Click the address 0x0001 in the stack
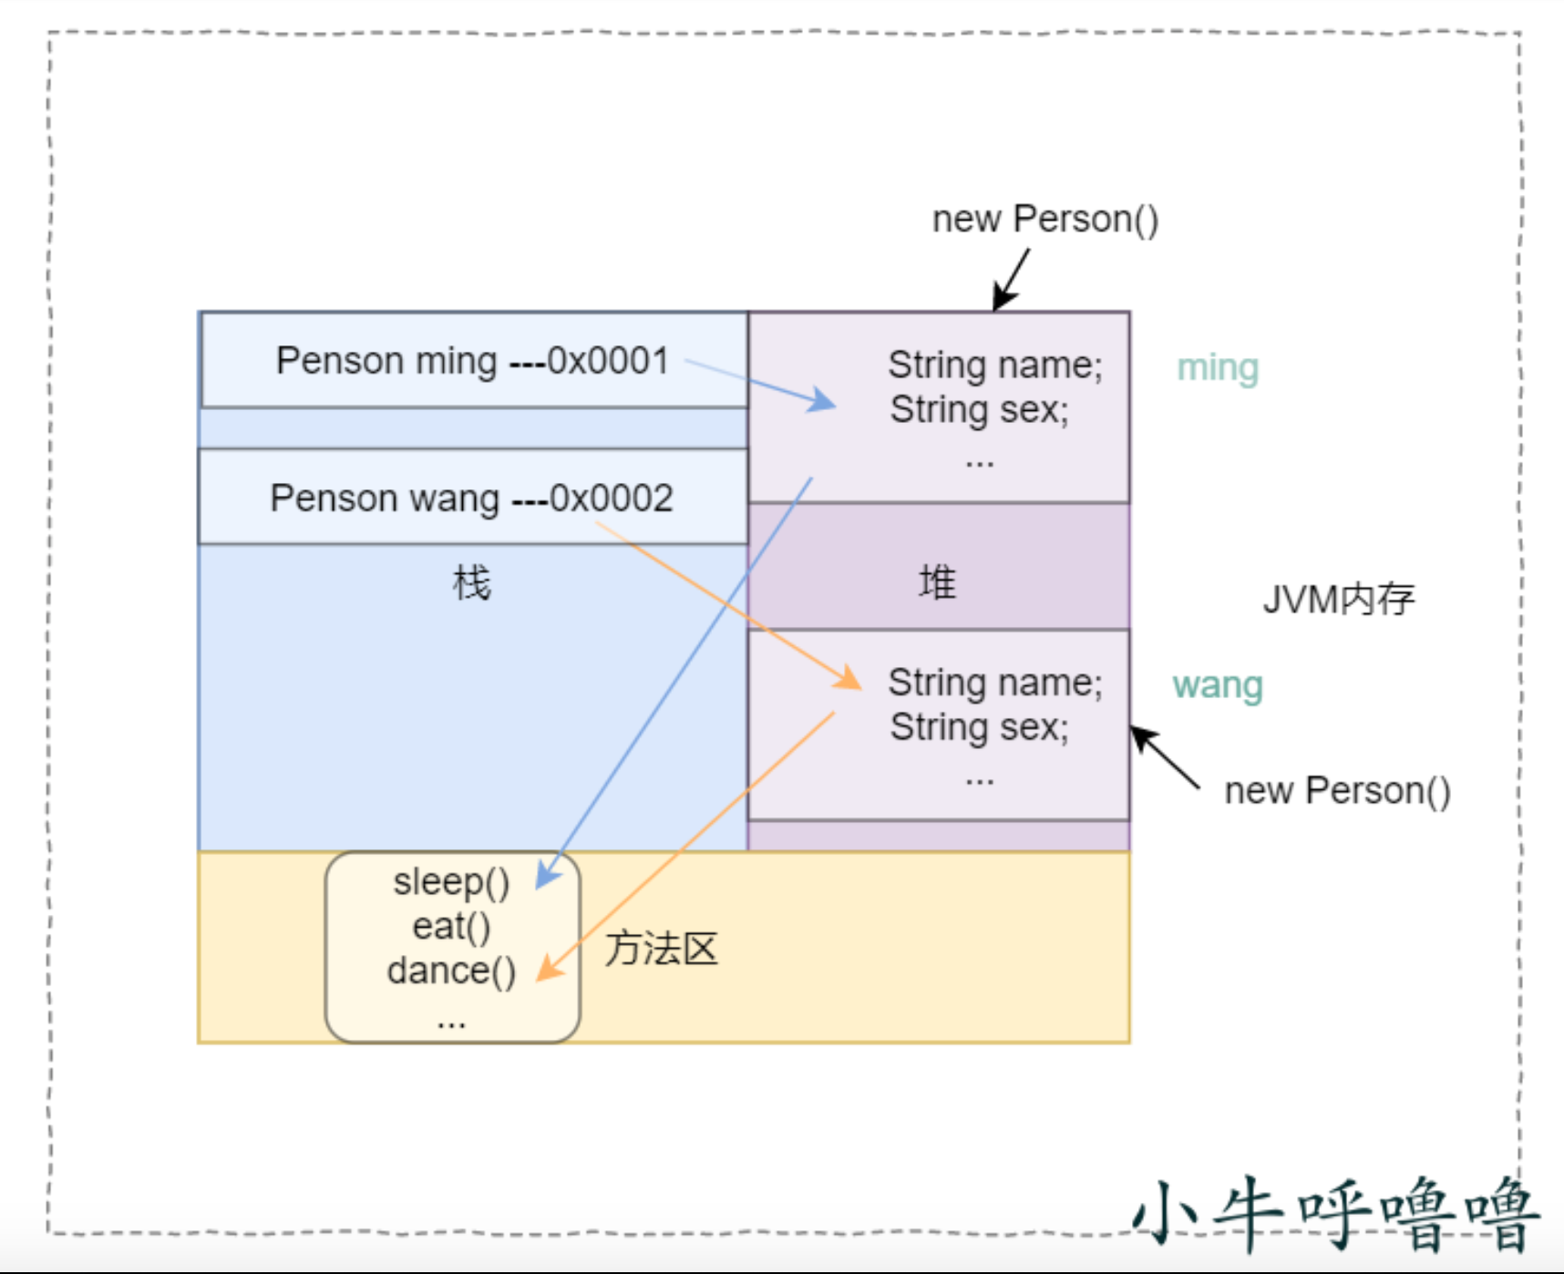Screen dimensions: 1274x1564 [608, 361]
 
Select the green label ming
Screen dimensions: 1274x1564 [1218, 368]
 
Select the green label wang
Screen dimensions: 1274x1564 [1218, 685]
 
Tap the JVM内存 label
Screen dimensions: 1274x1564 [1338, 600]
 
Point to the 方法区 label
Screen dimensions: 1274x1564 [662, 950]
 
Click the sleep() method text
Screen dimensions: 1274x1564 [451, 882]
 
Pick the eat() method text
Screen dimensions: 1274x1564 [451, 927]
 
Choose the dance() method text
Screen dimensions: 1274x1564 [451, 971]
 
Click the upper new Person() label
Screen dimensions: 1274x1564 [1045, 220]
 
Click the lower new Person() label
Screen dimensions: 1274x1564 [1337, 791]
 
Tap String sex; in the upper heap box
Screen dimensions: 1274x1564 [979, 410]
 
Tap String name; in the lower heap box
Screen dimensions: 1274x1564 [994, 683]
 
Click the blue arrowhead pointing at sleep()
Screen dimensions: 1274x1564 [547, 875]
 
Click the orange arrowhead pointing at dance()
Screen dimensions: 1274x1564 [549, 969]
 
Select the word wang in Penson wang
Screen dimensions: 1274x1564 [454, 499]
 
